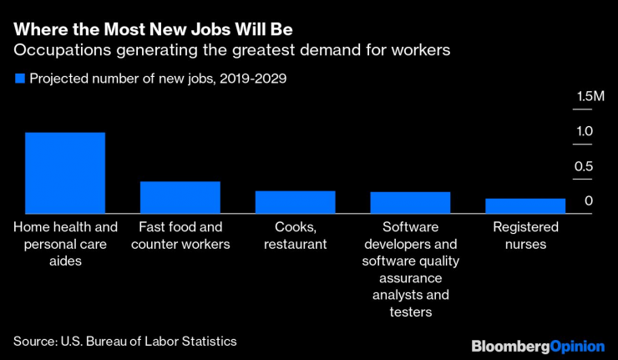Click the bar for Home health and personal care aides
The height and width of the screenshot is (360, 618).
64,173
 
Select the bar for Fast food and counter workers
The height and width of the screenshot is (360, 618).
180,197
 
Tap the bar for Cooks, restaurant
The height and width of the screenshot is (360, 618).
295,202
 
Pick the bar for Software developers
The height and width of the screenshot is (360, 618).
410,203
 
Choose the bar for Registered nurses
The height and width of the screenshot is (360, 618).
525,206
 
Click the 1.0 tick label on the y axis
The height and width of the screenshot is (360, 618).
584,132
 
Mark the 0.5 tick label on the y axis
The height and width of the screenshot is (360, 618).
584,167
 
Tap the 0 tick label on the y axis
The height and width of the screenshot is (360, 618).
588,201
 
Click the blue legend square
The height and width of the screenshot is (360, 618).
19,79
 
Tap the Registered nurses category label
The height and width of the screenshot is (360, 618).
525,236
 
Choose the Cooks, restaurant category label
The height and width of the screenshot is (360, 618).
295,236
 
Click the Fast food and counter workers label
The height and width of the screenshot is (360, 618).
180,236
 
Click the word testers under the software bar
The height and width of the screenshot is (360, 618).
410,312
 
